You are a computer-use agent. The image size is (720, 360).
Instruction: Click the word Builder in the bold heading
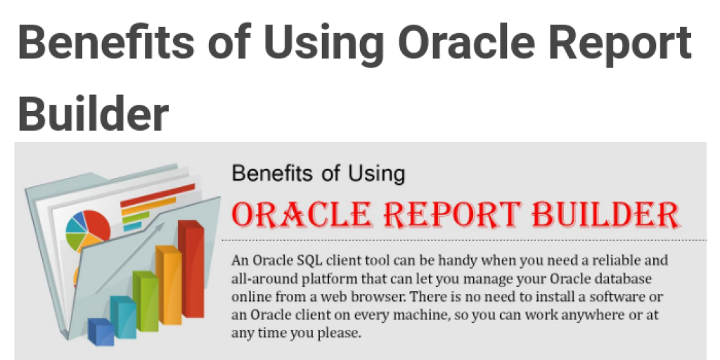pyautogui.click(x=94, y=113)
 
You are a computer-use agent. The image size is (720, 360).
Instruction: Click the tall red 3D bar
pyautogui.click(x=191, y=269)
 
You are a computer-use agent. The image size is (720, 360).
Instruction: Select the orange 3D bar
pyautogui.click(x=169, y=285)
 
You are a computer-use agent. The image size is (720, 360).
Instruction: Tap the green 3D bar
pyautogui.click(x=146, y=301)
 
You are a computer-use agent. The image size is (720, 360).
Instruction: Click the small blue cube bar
pyautogui.click(x=101, y=332)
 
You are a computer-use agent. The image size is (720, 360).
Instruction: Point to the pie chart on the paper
pyautogui.click(x=88, y=231)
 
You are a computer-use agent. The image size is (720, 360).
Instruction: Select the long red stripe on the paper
pyautogui.click(x=158, y=195)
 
